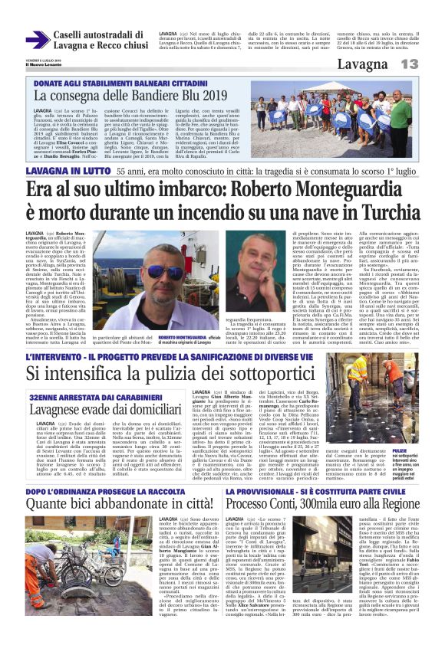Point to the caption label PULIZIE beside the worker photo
tap(420, 431)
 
